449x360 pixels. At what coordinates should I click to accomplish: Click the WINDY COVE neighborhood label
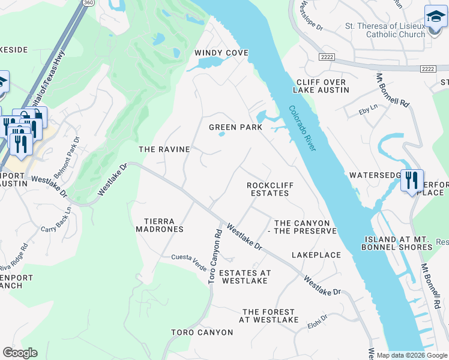tap(221, 53)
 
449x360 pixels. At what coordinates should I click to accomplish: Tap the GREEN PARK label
tap(235, 127)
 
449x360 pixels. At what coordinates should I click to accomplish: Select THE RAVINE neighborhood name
tap(164, 149)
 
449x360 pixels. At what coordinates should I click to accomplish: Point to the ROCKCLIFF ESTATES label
tap(270, 189)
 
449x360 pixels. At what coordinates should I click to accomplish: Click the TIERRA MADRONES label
tap(159, 225)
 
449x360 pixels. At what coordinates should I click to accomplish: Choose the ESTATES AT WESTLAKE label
tap(245, 277)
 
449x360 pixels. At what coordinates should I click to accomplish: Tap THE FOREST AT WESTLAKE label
tap(268, 316)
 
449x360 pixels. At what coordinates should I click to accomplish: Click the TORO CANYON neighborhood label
tap(202, 332)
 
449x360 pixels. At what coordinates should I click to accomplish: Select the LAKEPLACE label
tap(316, 255)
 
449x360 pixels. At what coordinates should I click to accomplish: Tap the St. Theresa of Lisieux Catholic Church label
tap(385, 30)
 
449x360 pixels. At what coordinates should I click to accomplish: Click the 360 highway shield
tap(88, 2)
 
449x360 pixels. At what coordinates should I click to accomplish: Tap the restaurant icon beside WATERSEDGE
tap(412, 180)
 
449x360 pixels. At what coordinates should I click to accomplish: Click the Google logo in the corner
tap(20, 353)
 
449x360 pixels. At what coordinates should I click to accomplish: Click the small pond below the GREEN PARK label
tap(221, 134)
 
